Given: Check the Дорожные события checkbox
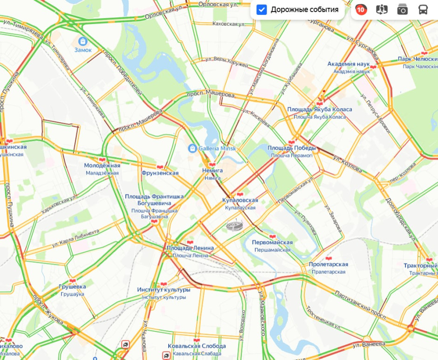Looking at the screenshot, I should (262, 10).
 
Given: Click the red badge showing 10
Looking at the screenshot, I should (360, 10).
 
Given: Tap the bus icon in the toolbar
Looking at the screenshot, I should (423, 10).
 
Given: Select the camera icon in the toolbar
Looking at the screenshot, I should (402, 10).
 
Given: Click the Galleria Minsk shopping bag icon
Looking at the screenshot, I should (192, 148).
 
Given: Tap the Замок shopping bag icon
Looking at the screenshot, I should (83, 41).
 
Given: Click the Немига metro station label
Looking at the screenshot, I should (212, 171).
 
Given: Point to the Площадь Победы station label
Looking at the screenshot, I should (292, 148).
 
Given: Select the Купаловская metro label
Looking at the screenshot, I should (240, 201).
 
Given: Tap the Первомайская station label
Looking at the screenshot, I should (272, 242).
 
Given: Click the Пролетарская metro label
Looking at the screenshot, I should (328, 265).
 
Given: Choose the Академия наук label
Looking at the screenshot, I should (349, 64).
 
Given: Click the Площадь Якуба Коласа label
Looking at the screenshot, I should (319, 110).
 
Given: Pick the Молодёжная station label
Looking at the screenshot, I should (102, 166).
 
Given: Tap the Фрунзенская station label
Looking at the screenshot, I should (160, 173).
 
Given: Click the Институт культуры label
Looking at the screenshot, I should (164, 290).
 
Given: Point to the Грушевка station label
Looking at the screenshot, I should (72, 286).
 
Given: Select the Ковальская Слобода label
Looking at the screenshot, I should (197, 346).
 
